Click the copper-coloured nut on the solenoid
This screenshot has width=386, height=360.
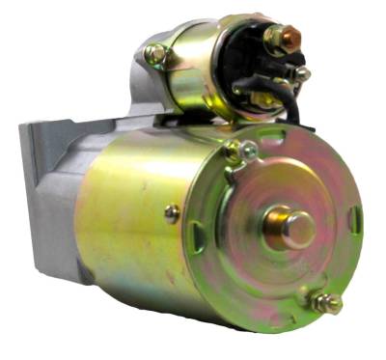[x=281, y=39]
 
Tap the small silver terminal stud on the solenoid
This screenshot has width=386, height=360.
[x=302, y=73]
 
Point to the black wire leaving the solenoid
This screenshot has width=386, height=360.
[x=289, y=104]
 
